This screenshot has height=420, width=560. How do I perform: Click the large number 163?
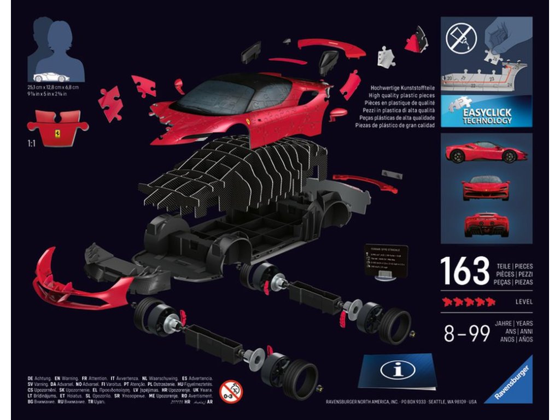pos(464,271)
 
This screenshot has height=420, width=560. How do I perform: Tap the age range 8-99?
pos(466,332)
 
